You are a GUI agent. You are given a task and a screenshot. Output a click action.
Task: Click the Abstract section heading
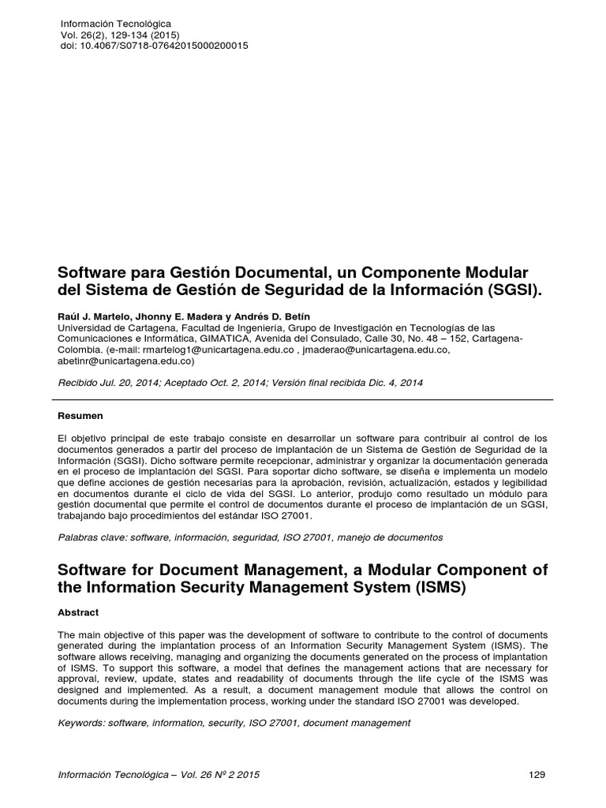78,612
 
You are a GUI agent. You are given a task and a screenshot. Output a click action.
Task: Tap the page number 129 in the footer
537,775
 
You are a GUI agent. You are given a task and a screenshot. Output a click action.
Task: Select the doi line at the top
154,46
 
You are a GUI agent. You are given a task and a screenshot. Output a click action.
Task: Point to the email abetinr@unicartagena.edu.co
125,361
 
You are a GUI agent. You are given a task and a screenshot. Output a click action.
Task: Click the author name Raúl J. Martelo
91,315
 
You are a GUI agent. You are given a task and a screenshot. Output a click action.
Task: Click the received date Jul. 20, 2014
130,383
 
